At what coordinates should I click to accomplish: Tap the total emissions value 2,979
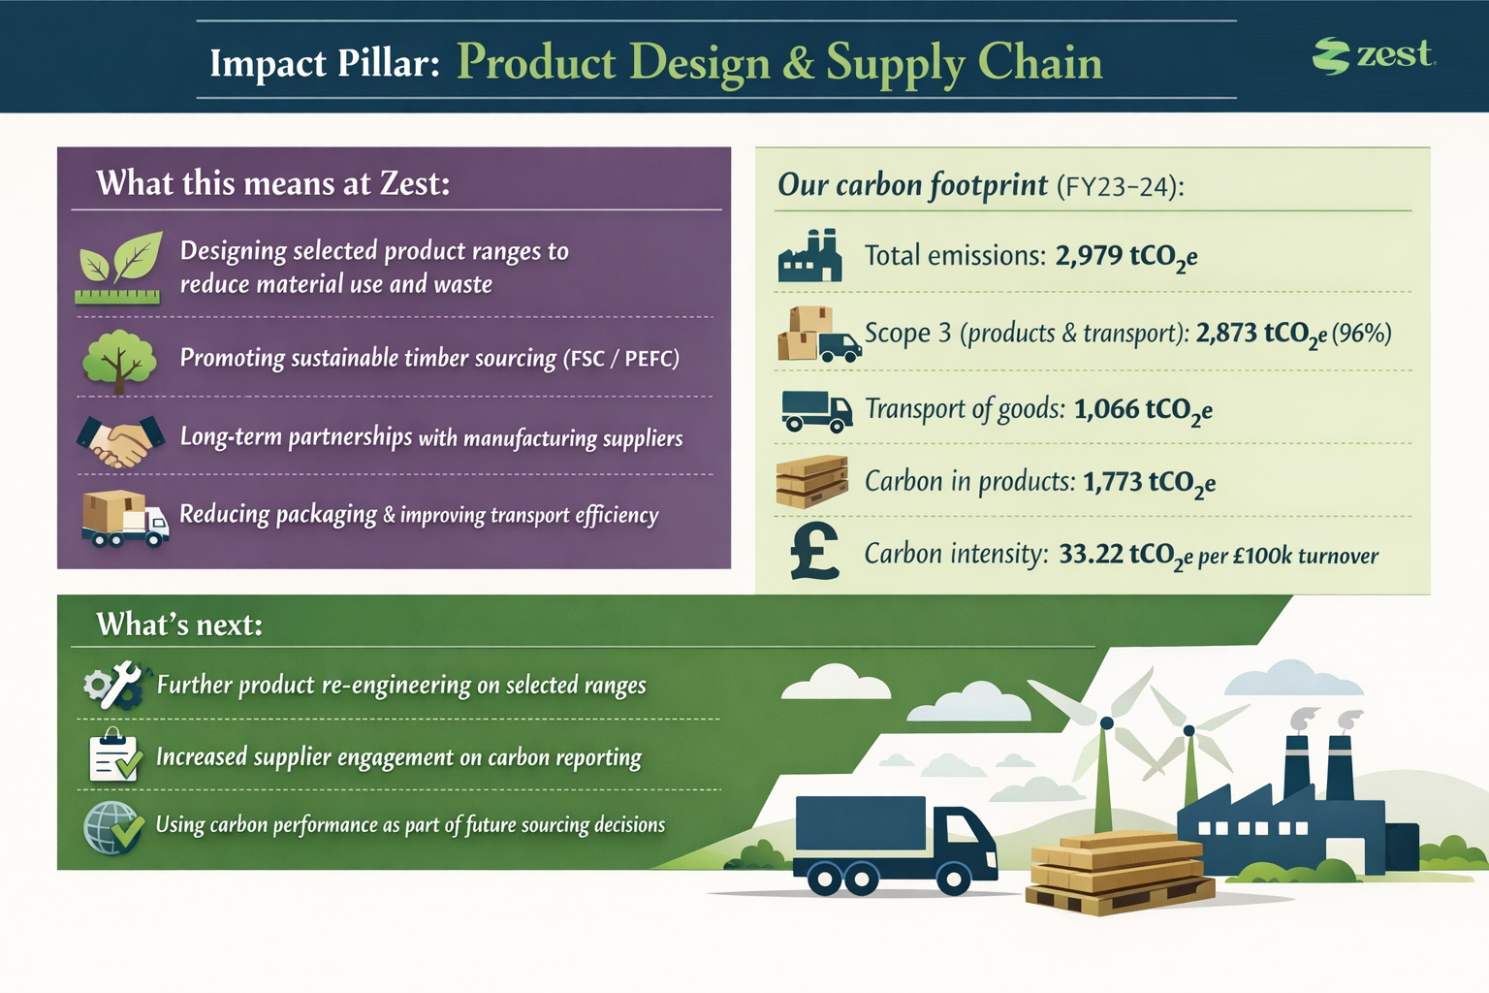pos(1089,255)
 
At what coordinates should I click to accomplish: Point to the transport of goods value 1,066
pos(1106,408)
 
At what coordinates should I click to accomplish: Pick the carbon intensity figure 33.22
pos(1091,554)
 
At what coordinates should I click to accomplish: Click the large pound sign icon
pos(813,551)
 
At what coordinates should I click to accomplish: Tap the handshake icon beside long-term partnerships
pos(120,441)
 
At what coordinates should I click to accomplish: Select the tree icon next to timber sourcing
pos(119,361)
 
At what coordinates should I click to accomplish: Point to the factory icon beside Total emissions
pos(809,255)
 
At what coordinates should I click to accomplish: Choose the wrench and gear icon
pos(114,685)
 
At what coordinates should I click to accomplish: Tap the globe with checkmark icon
pos(113,828)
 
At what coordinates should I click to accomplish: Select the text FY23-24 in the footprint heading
pos(1120,187)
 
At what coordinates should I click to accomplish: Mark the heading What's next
pos(179,625)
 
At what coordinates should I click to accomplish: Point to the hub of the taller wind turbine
pos(1107,723)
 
